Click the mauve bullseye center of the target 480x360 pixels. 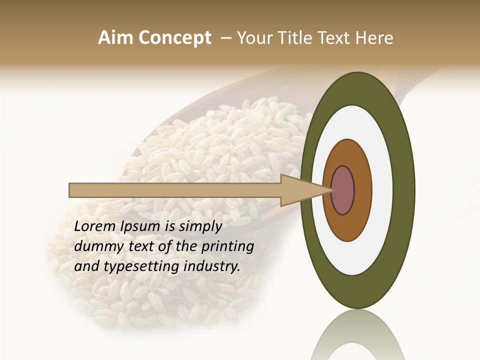point(342,190)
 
